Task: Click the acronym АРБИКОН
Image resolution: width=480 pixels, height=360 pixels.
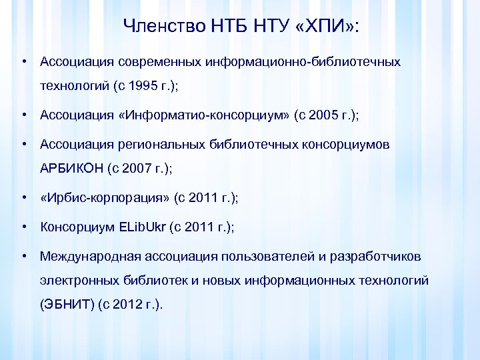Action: tap(71, 169)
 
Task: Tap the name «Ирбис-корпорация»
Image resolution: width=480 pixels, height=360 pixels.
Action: tap(105, 197)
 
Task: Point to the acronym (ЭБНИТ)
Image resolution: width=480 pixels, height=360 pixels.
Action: tap(67, 305)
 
